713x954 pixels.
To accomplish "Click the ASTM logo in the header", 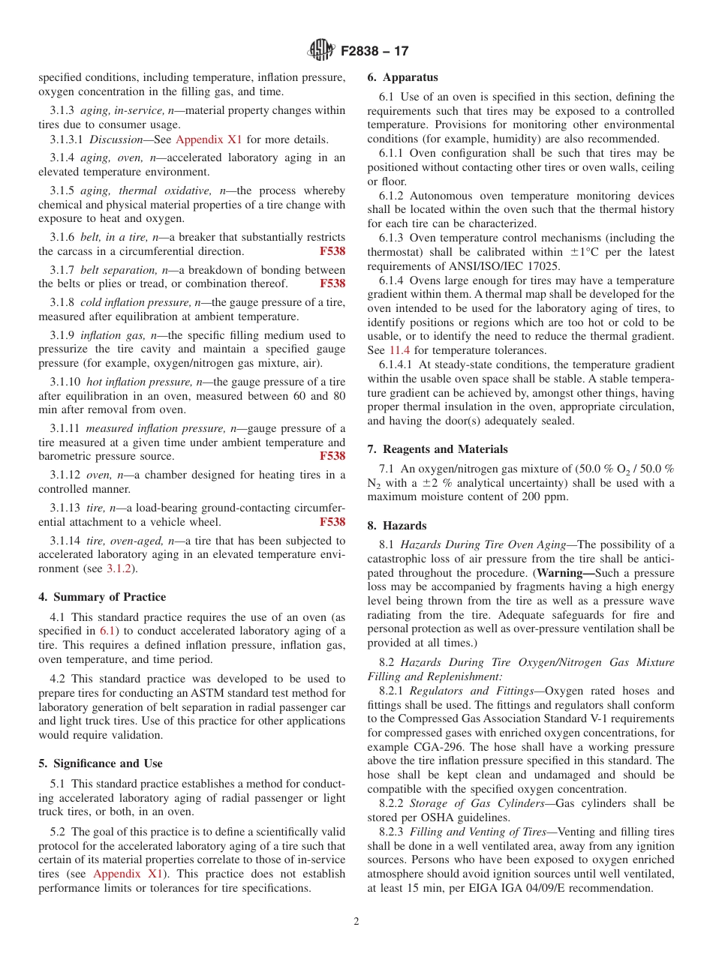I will (321, 51).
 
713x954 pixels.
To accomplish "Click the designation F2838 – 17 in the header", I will (375, 52).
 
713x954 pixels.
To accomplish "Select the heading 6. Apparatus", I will (402, 77).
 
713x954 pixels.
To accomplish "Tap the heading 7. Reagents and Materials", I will (438, 449).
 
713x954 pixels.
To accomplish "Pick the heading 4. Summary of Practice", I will (102, 597).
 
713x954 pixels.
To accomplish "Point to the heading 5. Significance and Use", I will (101, 763).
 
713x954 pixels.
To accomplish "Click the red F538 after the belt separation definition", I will (332, 283).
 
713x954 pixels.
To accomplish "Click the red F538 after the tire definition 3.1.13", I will (332, 522).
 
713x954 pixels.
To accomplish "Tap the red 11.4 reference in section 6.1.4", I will (399, 350).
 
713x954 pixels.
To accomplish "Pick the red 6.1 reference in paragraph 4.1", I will (107, 631).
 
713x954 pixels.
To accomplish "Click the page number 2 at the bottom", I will (356, 922).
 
